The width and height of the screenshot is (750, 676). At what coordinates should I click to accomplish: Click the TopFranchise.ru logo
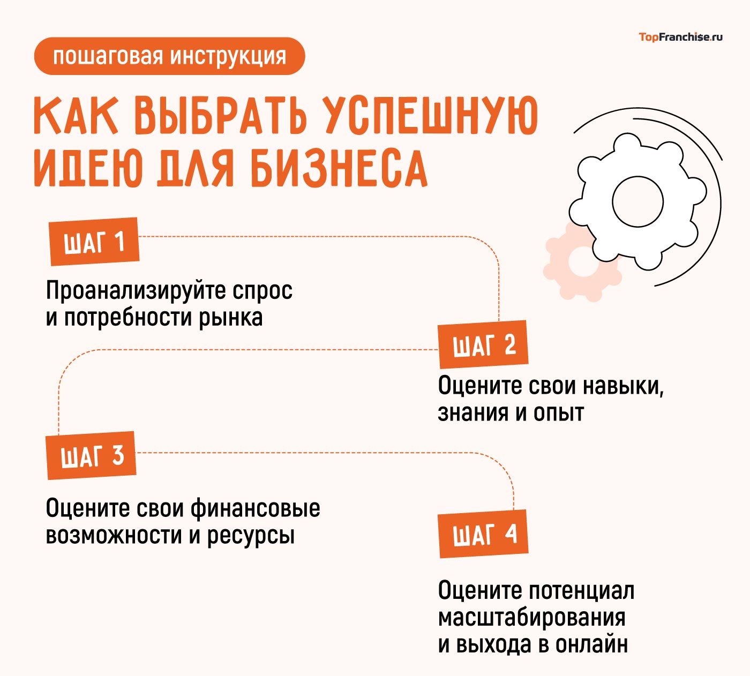[x=680, y=37]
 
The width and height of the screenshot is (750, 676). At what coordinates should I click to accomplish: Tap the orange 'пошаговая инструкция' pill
[x=169, y=56]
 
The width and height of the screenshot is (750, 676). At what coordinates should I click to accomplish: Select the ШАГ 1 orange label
[x=94, y=242]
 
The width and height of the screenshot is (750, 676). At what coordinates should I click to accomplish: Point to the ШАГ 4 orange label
[x=484, y=534]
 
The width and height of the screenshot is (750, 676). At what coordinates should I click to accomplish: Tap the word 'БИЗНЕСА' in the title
[x=340, y=167]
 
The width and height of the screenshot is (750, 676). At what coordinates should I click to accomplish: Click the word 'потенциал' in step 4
[x=581, y=591]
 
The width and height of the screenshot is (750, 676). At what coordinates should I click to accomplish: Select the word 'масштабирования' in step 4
[x=531, y=618]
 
